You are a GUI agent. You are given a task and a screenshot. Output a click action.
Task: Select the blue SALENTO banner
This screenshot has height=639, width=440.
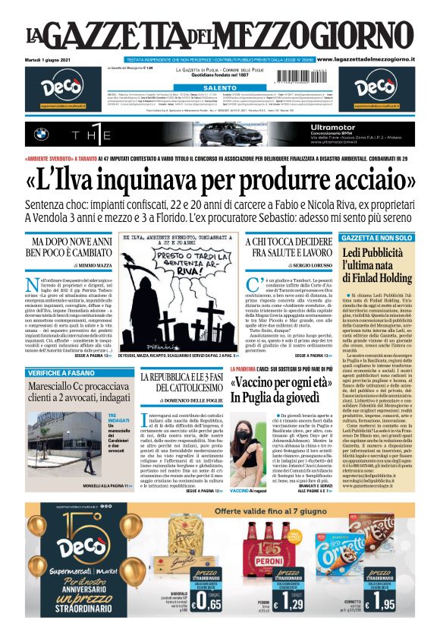[x=220, y=88]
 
